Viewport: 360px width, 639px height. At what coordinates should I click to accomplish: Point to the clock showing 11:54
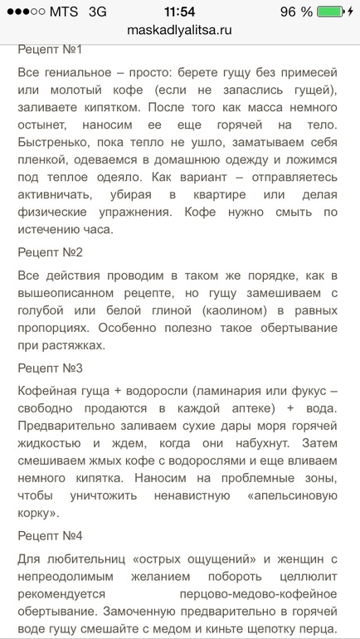180,12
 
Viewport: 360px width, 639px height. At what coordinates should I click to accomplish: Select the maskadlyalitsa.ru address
180,29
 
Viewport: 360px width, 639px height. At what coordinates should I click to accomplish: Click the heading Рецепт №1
50,50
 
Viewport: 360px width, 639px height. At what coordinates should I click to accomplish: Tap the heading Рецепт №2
50,251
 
